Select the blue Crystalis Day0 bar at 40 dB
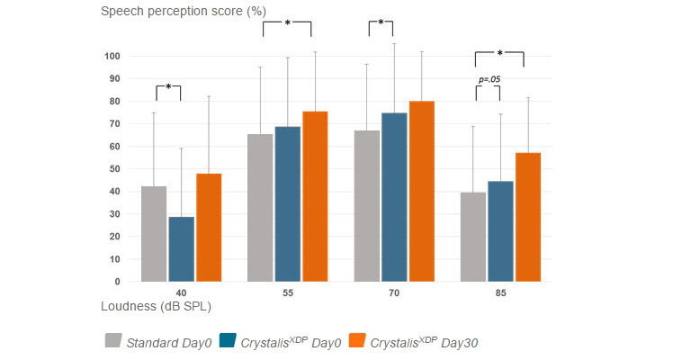pos(181,249)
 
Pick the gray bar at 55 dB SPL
pos(260,208)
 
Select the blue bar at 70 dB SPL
pos(394,197)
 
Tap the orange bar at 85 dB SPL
pos(528,217)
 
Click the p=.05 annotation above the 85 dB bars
pos(489,79)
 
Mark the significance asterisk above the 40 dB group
pos(168,86)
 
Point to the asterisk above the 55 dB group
pos(287,23)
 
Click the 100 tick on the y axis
pos(112,56)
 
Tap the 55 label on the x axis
pos(287,293)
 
